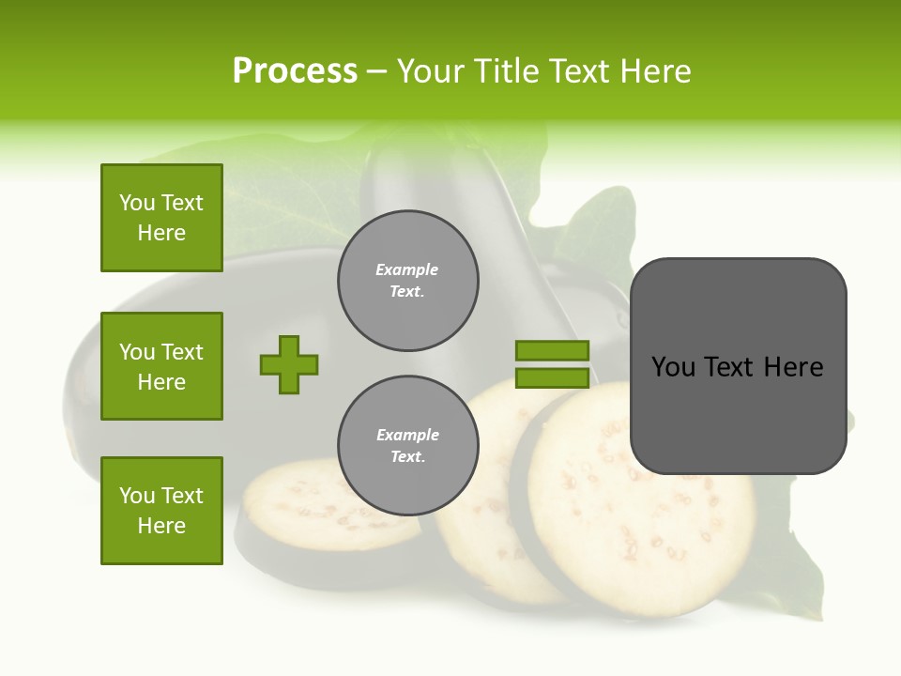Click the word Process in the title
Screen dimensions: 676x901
(295, 71)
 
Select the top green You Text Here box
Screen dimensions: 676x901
(161, 218)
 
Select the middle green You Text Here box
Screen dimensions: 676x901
(161, 366)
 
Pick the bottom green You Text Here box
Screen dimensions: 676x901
(161, 511)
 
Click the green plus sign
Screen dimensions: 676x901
(289, 364)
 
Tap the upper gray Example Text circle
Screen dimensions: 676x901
(407, 281)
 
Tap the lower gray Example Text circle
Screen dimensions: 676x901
(407, 446)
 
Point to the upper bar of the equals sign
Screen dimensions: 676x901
(552, 350)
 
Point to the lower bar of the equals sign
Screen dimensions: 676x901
(552, 377)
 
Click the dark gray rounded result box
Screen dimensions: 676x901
(738, 413)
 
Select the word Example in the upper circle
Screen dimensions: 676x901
(407, 269)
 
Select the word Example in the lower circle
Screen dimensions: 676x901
(407, 435)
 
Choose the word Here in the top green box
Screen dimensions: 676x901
(161, 233)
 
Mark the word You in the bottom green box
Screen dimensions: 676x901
(137, 496)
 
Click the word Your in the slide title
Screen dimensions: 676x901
(428, 71)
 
